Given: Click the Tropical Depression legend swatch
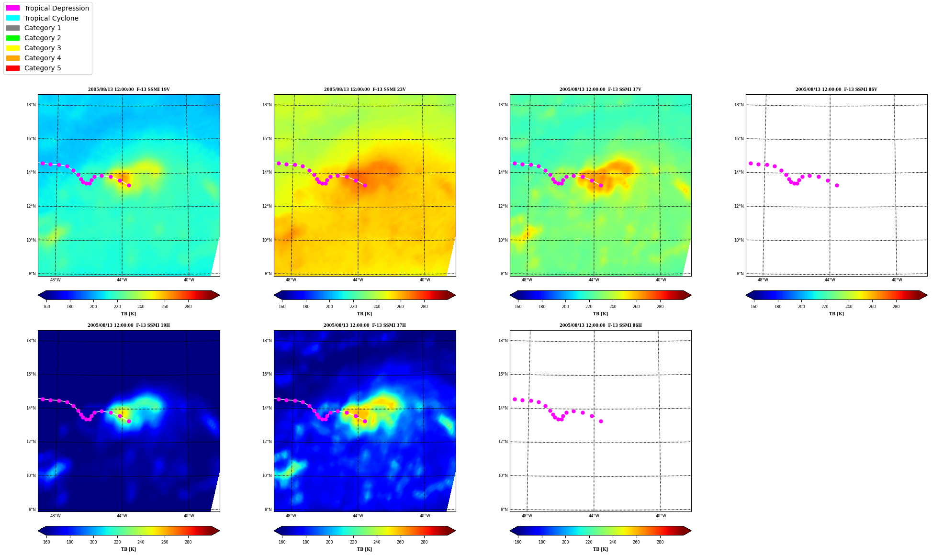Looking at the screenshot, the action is click(13, 8).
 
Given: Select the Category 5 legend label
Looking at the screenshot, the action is click(43, 68).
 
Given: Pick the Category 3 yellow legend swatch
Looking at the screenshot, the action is click(13, 48).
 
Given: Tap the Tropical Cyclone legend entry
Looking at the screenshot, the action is click(51, 18).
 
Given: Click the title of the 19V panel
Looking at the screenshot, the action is click(129, 89).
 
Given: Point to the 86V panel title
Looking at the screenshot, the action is click(836, 89).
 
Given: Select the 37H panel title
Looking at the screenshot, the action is click(365, 325).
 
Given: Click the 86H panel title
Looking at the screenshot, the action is click(601, 325).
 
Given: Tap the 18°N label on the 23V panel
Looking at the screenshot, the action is click(267, 105).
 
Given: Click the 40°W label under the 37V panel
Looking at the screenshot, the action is click(661, 280).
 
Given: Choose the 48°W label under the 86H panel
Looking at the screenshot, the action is click(527, 516).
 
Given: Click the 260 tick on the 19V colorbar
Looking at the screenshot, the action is click(165, 307).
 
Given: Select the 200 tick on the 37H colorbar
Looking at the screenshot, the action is click(329, 542).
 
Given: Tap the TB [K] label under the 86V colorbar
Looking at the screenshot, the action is click(836, 314).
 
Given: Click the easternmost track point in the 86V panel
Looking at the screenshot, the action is click(837, 185).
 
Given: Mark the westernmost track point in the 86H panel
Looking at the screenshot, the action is click(515, 399).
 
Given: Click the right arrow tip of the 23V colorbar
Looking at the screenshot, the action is click(455, 295).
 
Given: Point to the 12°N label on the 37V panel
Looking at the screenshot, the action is click(503, 206).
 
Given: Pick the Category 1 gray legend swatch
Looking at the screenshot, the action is click(13, 28).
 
